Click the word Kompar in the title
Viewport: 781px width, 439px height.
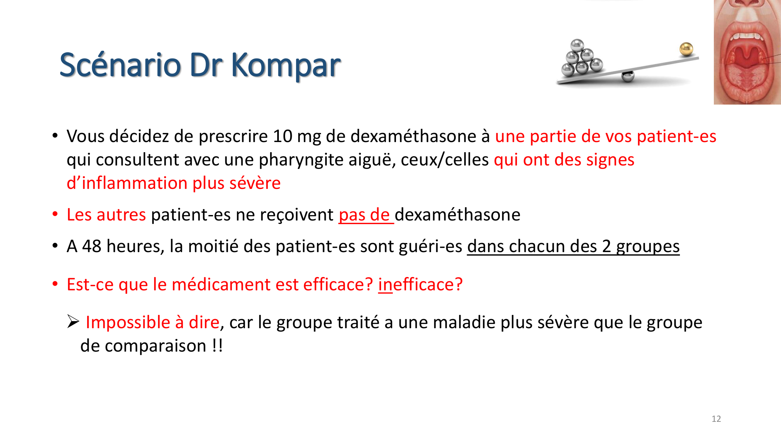[x=286, y=65]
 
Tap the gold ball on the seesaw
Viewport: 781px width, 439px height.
[x=686, y=49]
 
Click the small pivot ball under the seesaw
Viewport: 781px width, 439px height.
[x=628, y=76]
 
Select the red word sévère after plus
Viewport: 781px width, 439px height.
[x=255, y=183]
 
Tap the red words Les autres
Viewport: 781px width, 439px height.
[x=106, y=215]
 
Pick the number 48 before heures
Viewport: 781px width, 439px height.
[x=92, y=246]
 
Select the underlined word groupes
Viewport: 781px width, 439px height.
[x=648, y=246]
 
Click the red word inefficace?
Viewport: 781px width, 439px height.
[x=420, y=284]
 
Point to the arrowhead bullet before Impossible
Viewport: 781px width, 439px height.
[x=73, y=322]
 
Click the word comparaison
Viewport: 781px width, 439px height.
[x=155, y=346]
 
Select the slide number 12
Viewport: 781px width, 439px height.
[x=716, y=419]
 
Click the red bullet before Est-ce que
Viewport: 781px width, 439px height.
[x=55, y=284]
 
